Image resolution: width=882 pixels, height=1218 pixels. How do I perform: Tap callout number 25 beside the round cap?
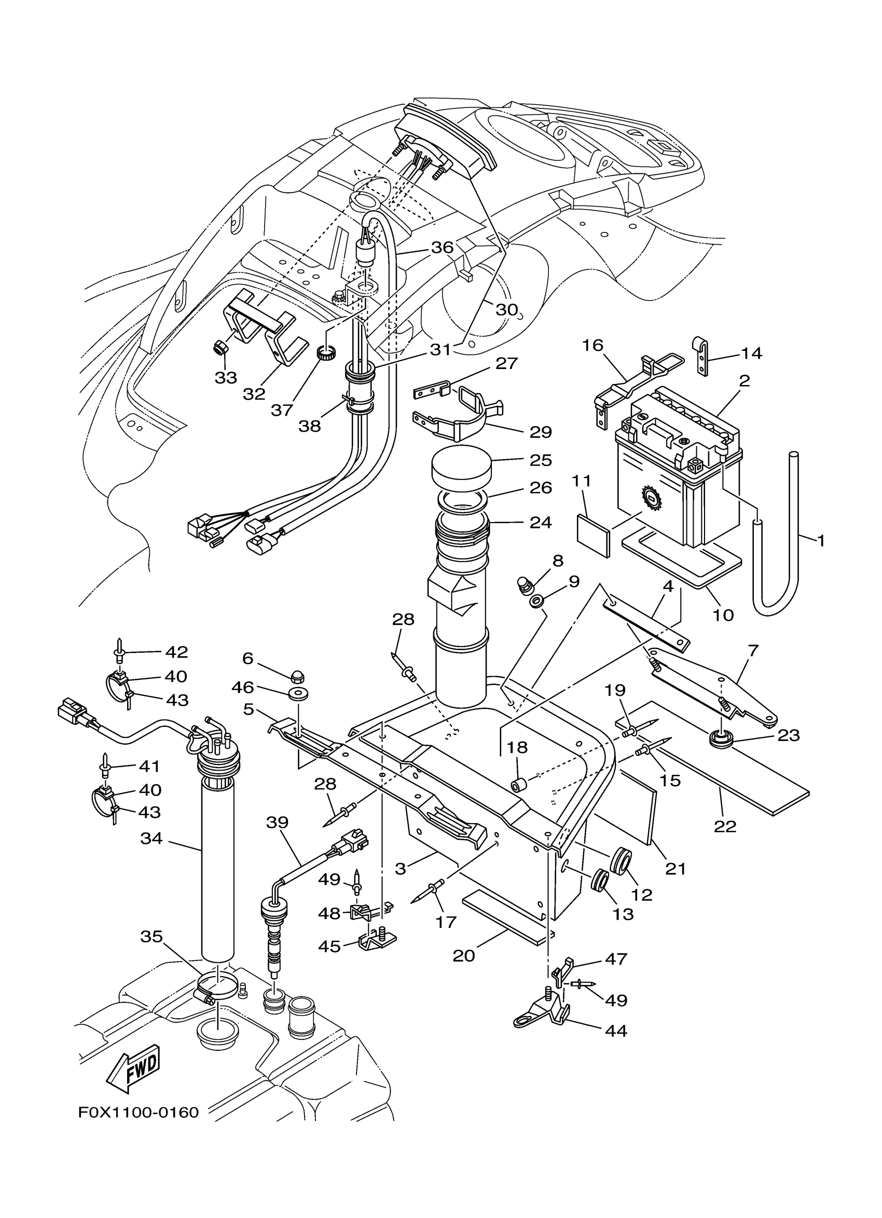pyautogui.click(x=540, y=460)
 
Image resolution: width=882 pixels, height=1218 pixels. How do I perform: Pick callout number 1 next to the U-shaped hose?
pyautogui.click(x=820, y=540)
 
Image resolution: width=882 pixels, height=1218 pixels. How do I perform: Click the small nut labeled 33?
pyautogui.click(x=220, y=348)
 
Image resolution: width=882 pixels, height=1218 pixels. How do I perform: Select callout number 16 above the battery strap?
pyautogui.click(x=593, y=345)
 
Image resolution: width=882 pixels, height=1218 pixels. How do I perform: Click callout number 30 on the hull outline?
pyautogui.click(x=506, y=309)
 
